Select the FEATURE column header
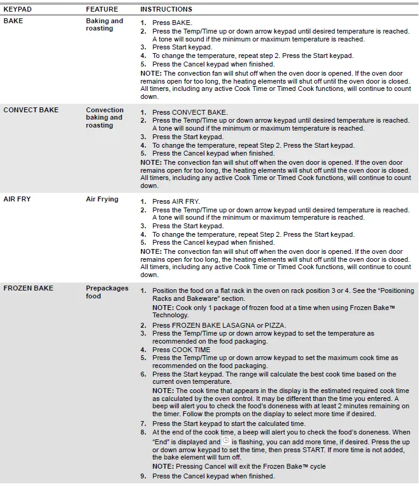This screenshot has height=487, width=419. [x=102, y=9]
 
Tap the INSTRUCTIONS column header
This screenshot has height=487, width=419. [x=166, y=9]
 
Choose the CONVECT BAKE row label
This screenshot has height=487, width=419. [x=31, y=110]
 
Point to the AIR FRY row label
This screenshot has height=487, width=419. [x=18, y=199]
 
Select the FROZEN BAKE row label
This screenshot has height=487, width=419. [x=28, y=288]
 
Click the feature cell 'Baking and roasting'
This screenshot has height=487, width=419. [x=104, y=24]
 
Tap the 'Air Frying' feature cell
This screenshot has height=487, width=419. [x=102, y=199]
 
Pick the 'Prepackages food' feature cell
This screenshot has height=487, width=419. [x=107, y=292]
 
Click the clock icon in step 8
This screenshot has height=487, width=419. [x=226, y=441]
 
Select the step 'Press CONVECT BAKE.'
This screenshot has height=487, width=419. [x=190, y=112]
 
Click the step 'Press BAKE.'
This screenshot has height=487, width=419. [x=171, y=23]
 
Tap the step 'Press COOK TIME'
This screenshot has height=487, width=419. [x=181, y=350]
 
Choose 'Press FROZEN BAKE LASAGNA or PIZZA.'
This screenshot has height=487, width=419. [x=219, y=325]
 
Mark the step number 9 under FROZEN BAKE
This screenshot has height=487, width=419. [x=143, y=476]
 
